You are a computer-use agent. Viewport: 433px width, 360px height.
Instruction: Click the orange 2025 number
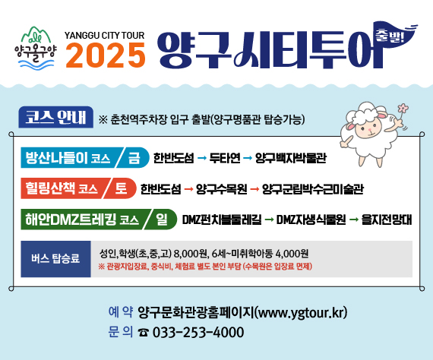point(106,54)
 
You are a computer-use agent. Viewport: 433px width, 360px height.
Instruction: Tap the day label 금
point(134,157)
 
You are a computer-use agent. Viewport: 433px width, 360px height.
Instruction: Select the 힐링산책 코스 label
point(61,188)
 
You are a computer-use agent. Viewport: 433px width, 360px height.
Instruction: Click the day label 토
point(121,188)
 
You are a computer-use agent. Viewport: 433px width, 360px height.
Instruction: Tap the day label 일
point(162,219)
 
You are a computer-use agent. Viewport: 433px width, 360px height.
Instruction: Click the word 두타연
point(225,158)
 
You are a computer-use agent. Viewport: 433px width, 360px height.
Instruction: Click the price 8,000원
point(191,253)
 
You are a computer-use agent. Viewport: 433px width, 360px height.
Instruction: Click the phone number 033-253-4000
point(188,332)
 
